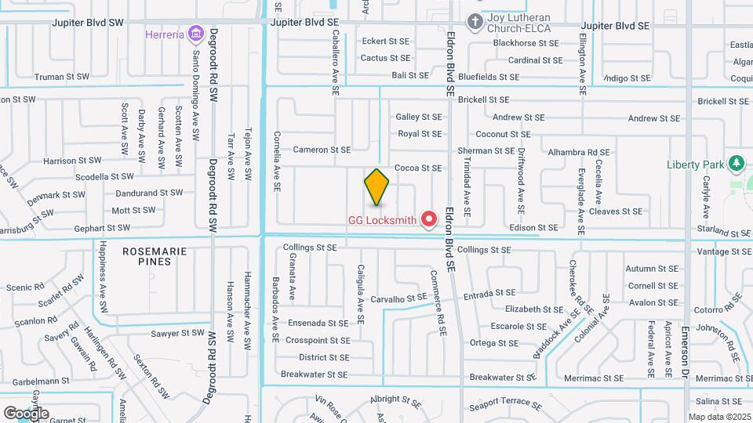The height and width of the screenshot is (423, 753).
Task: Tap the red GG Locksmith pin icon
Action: (429, 219)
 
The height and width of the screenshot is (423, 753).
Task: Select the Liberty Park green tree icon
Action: (736, 164)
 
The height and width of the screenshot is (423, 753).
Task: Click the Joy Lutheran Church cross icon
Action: (475, 20)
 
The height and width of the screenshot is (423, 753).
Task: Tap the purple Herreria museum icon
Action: (195, 34)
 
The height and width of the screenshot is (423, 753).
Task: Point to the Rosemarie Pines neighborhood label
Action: (147, 256)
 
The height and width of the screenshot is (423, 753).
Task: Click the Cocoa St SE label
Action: (418, 168)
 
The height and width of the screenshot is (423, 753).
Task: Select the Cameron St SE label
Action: (321, 150)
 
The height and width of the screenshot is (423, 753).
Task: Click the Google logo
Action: (26, 413)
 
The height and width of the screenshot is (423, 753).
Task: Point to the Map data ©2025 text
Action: (719, 417)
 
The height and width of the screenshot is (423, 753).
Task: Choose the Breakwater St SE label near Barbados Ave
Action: (314, 375)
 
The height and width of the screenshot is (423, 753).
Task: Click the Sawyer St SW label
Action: (178, 333)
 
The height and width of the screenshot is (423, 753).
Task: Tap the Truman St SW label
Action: (61, 77)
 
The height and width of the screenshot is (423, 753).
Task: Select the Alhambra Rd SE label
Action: (579, 152)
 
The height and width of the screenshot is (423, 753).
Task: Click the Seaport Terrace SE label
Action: (505, 407)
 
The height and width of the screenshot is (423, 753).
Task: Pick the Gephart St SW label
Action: (102, 228)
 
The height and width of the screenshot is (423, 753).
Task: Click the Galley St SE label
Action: (419, 117)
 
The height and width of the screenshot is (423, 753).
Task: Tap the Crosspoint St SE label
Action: (318, 341)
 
